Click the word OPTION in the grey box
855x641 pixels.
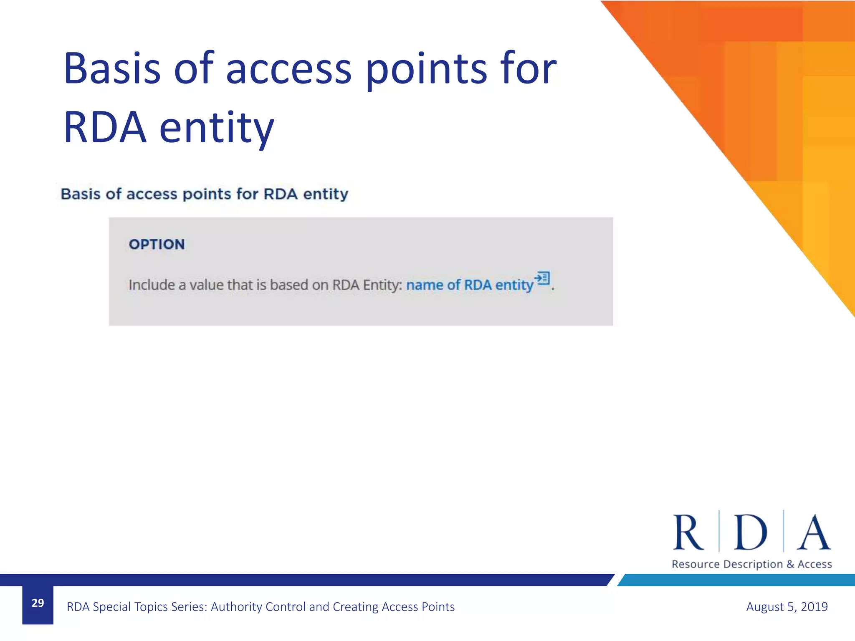click(157, 244)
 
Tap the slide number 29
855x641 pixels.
click(38, 603)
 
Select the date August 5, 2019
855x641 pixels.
click(787, 606)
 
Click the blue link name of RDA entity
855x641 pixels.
click(470, 285)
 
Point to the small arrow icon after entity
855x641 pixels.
click(542, 278)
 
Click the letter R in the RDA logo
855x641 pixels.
click(688, 533)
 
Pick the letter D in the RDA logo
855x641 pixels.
click(751, 533)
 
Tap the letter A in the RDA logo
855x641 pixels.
click(813, 533)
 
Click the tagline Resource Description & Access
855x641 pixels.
click(751, 564)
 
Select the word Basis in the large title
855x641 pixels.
click(112, 68)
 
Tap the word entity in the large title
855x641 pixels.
click(217, 127)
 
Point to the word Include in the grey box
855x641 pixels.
click(152, 285)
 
